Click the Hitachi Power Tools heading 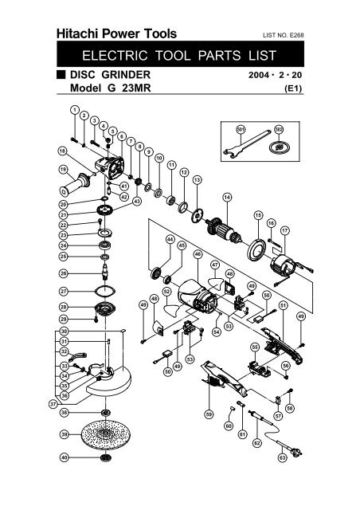click(x=116, y=33)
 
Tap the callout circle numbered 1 click(x=73, y=109)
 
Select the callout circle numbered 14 click(x=227, y=197)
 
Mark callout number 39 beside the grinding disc click(x=64, y=436)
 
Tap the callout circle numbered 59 click(x=209, y=414)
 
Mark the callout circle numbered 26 click(x=64, y=273)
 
